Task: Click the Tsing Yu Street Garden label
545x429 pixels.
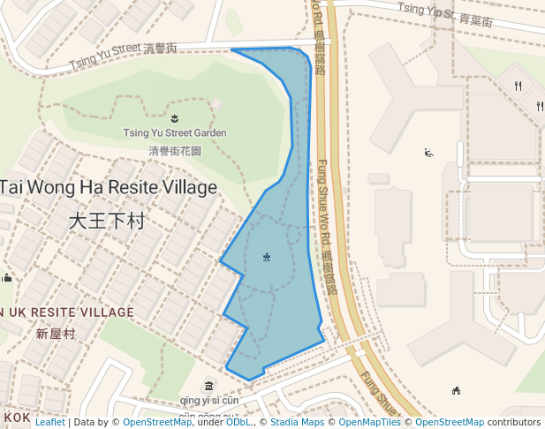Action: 175,133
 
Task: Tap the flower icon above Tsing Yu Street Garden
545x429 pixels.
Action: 175,117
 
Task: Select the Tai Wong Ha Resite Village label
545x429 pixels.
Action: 108,187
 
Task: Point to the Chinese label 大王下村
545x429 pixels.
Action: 106,221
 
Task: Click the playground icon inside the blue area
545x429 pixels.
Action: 267,257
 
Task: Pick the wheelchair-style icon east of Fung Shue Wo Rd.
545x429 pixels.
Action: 428,153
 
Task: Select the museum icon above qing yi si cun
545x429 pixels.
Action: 208,386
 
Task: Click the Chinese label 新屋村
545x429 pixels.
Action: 56,334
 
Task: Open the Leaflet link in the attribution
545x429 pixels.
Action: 50,422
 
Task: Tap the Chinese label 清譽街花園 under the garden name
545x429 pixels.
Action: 175,151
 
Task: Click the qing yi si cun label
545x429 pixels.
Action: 208,400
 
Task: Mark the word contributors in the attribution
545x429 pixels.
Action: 514,422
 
